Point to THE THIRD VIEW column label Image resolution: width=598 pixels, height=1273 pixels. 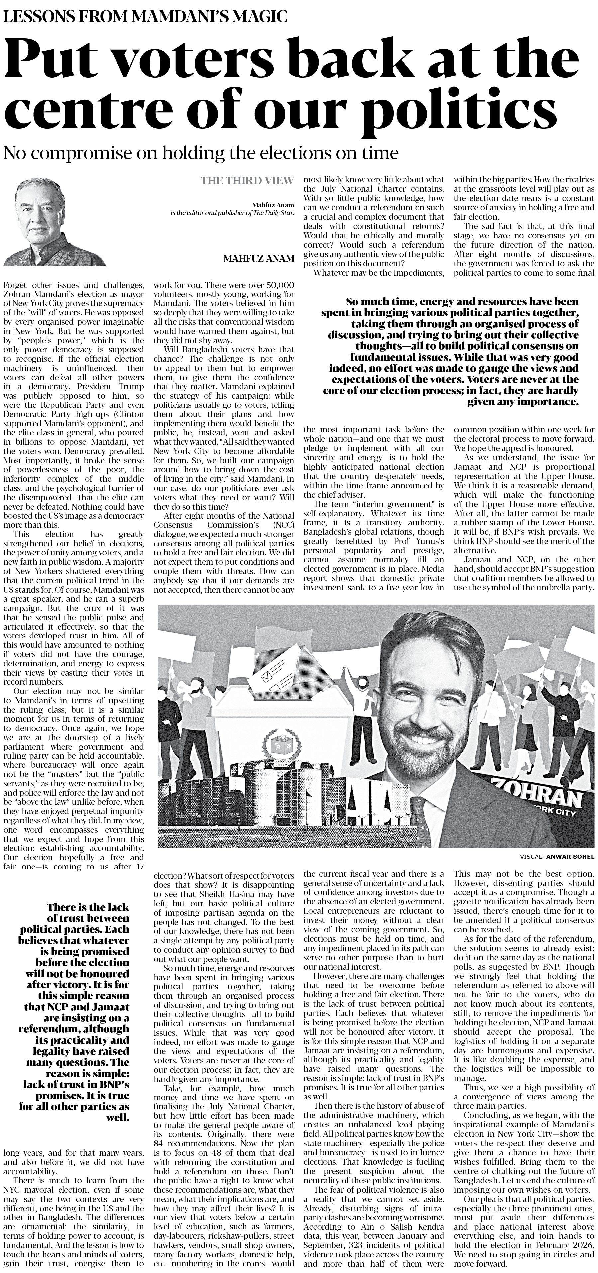(247, 181)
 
